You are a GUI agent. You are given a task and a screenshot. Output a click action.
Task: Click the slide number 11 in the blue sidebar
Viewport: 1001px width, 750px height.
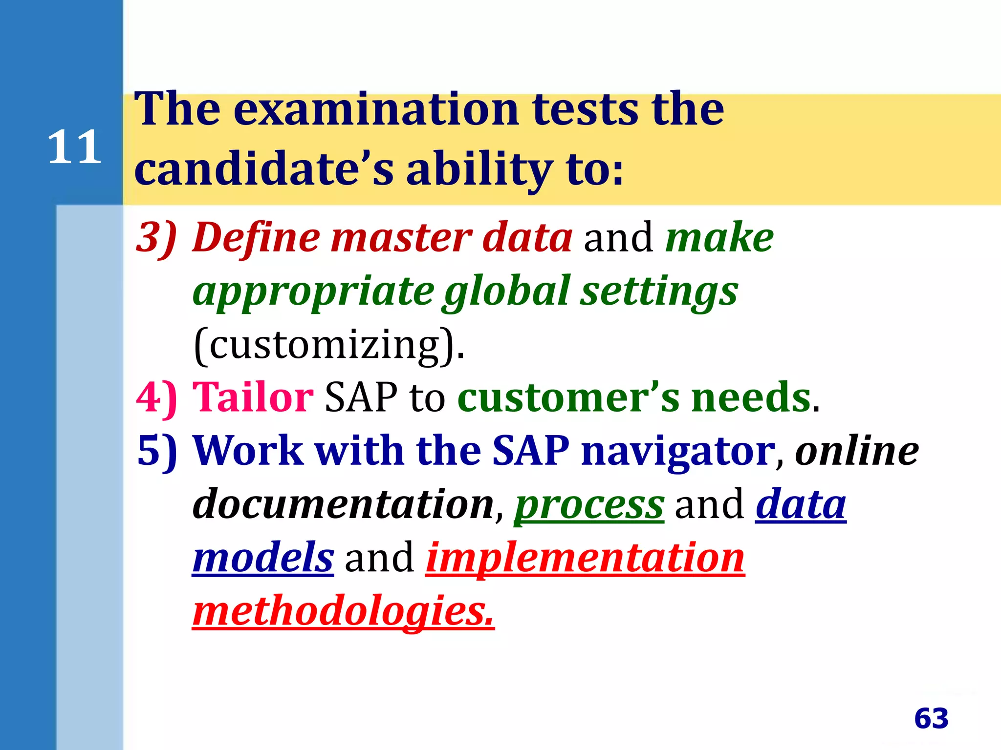coord(74,147)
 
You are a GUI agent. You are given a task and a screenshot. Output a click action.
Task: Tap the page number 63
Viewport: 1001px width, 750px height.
coord(931,718)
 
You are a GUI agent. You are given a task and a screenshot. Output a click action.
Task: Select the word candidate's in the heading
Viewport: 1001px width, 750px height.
coord(264,168)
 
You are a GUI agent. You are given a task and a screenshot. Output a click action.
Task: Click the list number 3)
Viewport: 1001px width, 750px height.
coord(156,238)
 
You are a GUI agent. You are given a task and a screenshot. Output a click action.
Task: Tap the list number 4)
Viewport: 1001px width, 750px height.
coord(156,397)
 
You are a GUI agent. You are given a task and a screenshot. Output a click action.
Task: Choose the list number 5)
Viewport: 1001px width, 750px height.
coord(156,450)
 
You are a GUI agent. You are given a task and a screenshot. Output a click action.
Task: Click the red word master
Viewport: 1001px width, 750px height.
coord(401,238)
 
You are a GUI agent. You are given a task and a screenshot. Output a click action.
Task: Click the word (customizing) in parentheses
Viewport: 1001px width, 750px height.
coord(328,345)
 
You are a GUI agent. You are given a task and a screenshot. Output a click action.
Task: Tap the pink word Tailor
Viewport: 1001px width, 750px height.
coord(253,397)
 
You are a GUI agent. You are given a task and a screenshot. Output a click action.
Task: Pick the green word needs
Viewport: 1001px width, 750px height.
coord(751,397)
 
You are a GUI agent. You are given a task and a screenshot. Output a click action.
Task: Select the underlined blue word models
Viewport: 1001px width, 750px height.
coord(263,558)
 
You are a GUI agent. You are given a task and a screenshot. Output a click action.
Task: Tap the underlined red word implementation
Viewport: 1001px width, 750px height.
coord(585,558)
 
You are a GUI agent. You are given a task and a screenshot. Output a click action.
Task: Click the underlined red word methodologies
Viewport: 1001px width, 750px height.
coord(343,611)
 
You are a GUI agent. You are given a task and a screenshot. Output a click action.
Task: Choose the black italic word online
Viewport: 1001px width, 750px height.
coord(857,450)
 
